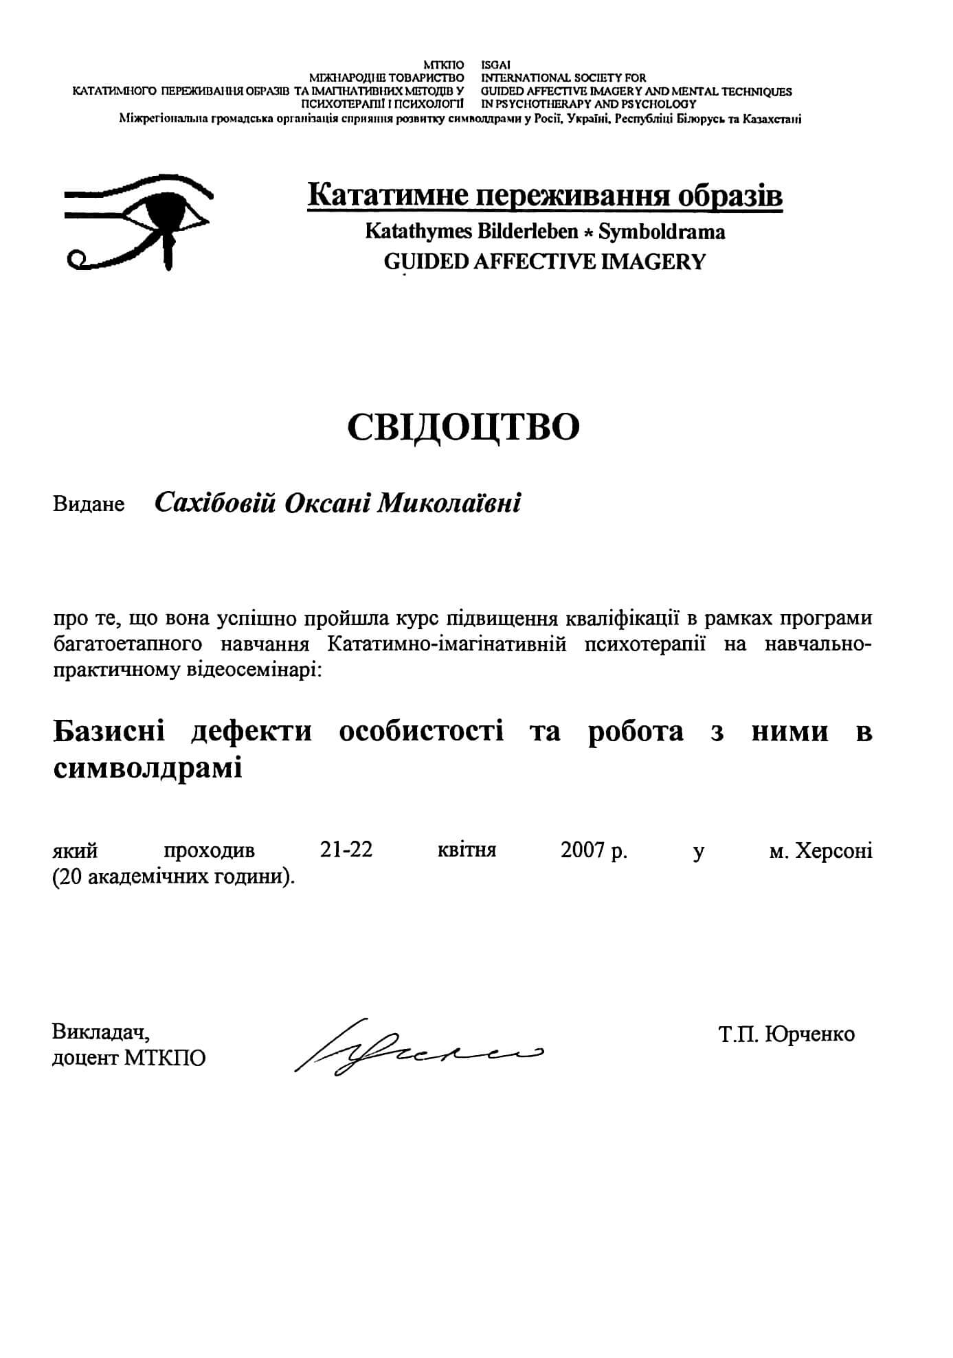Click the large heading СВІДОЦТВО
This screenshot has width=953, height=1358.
click(463, 427)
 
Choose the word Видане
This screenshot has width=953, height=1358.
click(89, 505)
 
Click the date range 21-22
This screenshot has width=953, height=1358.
click(346, 850)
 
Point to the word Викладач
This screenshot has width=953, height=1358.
click(100, 1032)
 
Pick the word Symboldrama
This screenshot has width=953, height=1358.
click(662, 232)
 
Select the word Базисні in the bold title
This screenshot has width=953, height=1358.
click(109, 732)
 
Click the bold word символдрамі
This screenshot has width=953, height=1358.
click(148, 767)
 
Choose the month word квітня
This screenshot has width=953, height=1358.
click(467, 850)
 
